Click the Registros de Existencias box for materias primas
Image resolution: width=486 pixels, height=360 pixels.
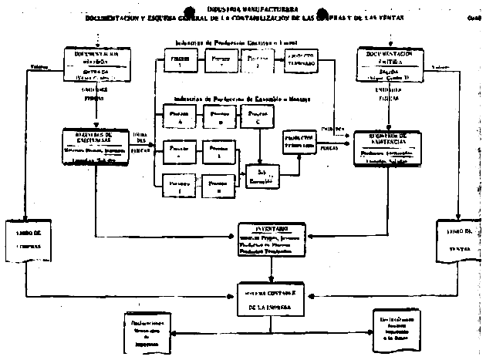(96, 147)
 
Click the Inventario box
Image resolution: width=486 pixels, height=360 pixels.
(271, 240)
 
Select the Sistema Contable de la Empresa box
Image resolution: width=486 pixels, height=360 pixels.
(271, 298)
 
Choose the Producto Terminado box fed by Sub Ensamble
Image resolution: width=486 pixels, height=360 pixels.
(299, 140)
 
